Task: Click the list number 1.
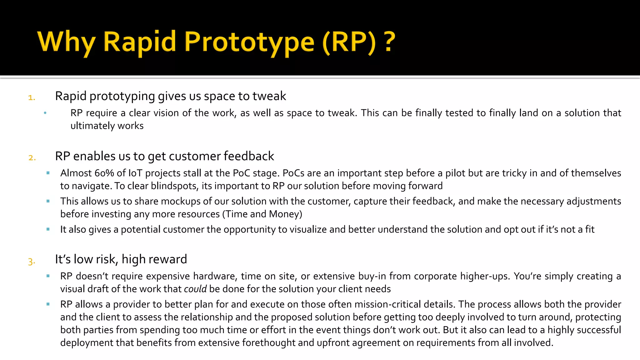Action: click(x=31, y=97)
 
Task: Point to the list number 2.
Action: click(x=32, y=157)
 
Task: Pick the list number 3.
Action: click(x=31, y=261)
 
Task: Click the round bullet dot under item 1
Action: click(x=45, y=113)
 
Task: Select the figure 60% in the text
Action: click(x=104, y=173)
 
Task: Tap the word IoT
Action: click(x=135, y=173)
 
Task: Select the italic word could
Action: click(x=195, y=289)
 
